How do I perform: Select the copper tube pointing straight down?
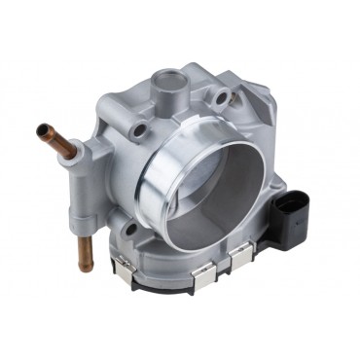click(x=83, y=247)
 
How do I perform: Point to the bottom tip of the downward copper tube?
click(x=83, y=267)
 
